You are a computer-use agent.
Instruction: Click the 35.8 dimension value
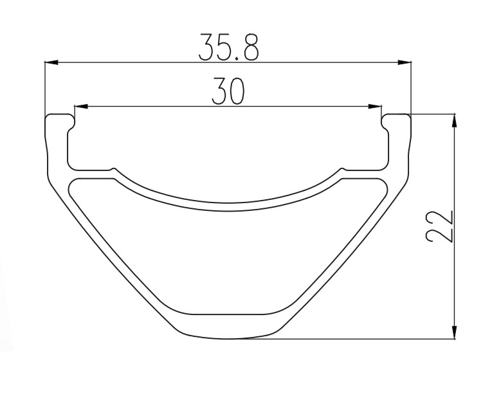tap(228, 46)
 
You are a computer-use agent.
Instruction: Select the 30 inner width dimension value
tap(228, 91)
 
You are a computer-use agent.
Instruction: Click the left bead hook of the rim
tap(59, 120)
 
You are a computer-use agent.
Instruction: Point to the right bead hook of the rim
tap(396, 120)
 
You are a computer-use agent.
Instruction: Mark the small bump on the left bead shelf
tap(114, 170)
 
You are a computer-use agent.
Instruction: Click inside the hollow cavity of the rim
tap(228, 257)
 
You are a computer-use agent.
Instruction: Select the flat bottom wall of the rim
tap(228, 327)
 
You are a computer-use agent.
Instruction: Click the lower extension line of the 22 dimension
tap(360, 339)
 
